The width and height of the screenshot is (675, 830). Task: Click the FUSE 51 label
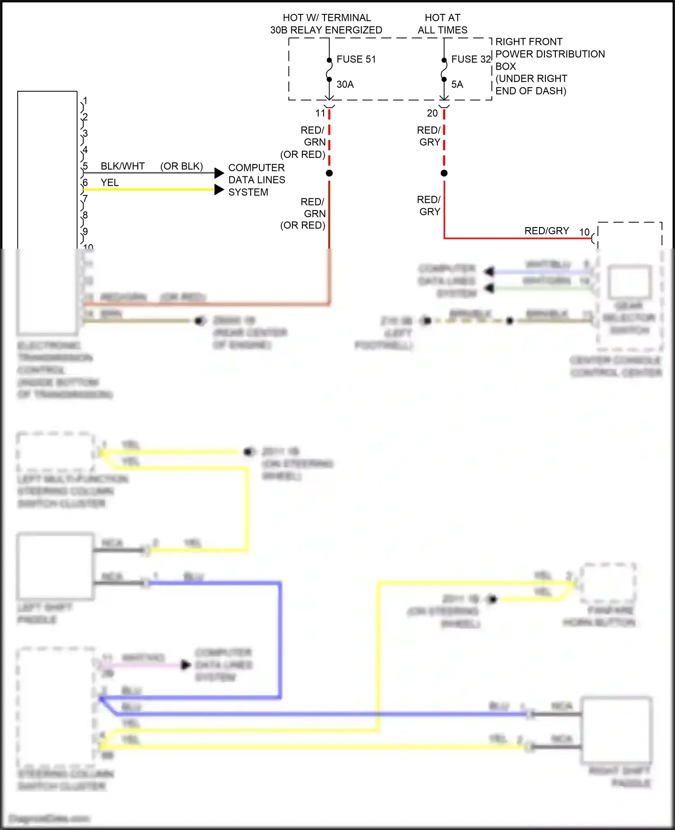point(356,59)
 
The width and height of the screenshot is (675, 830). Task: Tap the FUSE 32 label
point(471,59)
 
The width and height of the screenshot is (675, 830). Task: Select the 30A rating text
point(345,85)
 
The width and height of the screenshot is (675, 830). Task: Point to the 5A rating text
point(457,85)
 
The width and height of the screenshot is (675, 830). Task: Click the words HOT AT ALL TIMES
point(442,24)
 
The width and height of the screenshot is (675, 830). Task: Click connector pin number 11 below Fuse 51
point(320,113)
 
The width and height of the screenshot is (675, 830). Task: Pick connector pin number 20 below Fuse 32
point(432,113)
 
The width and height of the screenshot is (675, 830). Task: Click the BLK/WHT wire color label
point(122,166)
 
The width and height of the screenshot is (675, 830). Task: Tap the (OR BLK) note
point(181,166)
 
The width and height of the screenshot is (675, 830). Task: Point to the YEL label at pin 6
point(110,183)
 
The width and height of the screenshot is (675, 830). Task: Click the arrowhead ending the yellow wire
point(219,190)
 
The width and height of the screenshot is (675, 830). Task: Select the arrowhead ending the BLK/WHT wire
point(219,173)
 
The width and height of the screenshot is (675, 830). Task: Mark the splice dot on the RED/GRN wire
point(329,173)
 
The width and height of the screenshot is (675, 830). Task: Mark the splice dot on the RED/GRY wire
point(444,173)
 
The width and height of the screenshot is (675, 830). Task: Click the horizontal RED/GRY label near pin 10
point(547,231)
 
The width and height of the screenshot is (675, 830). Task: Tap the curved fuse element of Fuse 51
point(329,70)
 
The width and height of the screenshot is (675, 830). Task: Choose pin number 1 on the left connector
point(85,101)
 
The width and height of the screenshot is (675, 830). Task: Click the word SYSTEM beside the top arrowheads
point(248,192)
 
